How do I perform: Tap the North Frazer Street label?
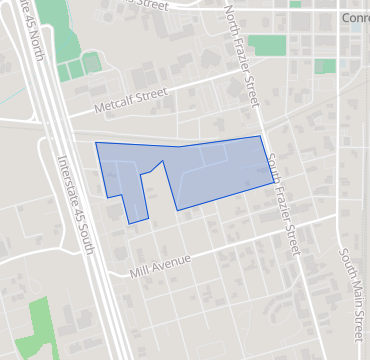[x=242, y=55]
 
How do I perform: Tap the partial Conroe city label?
[x=354, y=18]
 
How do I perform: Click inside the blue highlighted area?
[x=220, y=170]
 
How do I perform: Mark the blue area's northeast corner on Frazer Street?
[x=260, y=137]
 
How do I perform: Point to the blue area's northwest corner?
[x=96, y=143]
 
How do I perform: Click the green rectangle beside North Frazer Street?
[x=266, y=45]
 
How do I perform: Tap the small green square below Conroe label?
[x=325, y=66]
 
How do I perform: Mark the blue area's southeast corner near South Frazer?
[x=271, y=182]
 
